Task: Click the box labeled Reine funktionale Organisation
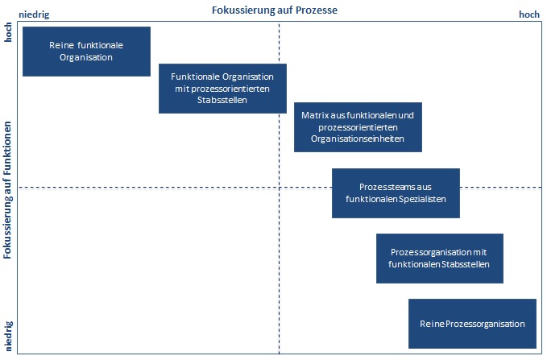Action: click(86, 52)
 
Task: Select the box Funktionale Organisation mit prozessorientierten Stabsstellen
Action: click(222, 89)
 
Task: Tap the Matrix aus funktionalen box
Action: click(358, 127)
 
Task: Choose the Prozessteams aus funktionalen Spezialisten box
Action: click(396, 193)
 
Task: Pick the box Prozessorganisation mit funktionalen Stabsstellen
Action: click(439, 259)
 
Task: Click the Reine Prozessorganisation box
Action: click(472, 324)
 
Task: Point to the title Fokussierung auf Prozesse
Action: click(274, 10)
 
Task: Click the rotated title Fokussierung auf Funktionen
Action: click(7, 189)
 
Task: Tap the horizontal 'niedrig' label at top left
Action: click(34, 14)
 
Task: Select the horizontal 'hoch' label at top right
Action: click(529, 14)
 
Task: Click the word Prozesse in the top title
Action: click(316, 10)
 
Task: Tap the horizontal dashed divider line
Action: click(161, 188)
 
